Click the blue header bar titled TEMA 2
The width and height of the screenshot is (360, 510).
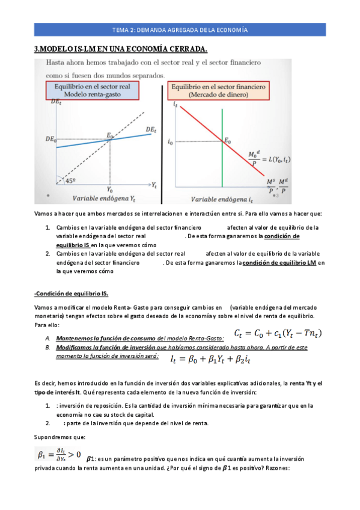[x=180, y=29]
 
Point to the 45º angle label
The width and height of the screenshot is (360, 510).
[x=71, y=180]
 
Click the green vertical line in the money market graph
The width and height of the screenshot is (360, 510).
[x=222, y=150]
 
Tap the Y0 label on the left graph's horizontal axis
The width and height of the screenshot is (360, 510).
[x=109, y=188]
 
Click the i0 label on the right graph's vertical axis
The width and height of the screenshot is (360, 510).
[x=171, y=143]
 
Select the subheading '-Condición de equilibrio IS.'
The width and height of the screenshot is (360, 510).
[x=71, y=293]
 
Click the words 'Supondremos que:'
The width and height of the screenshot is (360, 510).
[x=59, y=436]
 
